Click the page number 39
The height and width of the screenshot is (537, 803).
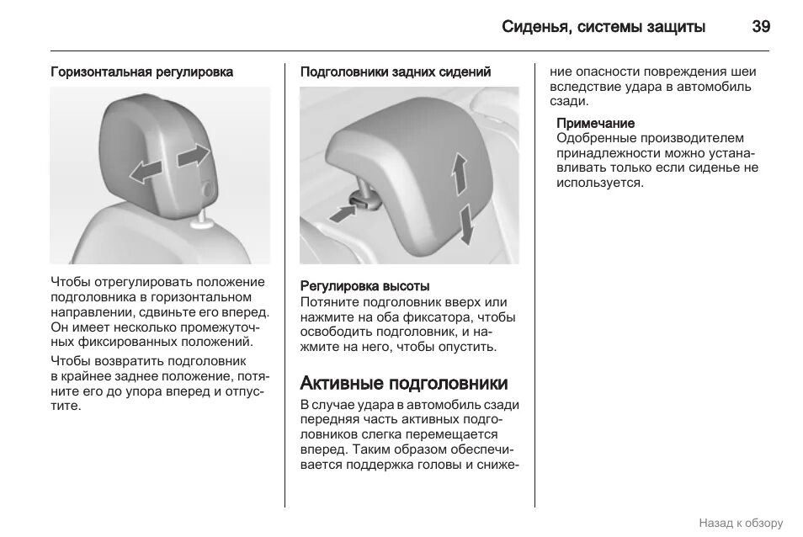click(760, 27)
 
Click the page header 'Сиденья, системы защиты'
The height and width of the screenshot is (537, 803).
click(604, 27)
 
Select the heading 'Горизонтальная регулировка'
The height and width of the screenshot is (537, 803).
click(141, 72)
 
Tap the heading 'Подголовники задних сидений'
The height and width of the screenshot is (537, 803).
click(396, 72)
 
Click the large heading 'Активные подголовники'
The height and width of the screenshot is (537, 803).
click(404, 384)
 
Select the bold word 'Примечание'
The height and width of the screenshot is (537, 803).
click(595, 124)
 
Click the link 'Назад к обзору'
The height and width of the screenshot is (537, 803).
click(740, 522)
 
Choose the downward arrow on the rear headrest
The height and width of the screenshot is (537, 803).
click(465, 223)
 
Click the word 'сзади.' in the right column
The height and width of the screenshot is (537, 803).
click(569, 101)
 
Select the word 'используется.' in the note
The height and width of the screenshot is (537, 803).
click(599, 182)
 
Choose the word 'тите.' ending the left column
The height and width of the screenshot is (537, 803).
click(66, 406)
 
